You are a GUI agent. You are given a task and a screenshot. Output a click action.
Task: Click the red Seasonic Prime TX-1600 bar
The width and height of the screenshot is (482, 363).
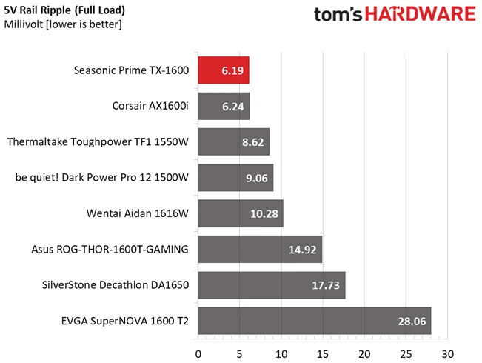click(224, 70)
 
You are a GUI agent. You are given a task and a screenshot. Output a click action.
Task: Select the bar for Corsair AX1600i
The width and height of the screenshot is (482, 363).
click(224, 106)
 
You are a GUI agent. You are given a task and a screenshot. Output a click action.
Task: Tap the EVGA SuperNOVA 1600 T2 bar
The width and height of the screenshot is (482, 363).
click(315, 321)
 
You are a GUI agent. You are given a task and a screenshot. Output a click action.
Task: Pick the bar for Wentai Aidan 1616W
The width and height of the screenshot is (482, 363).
click(241, 213)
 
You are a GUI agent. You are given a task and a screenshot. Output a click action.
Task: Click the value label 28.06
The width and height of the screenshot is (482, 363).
click(412, 322)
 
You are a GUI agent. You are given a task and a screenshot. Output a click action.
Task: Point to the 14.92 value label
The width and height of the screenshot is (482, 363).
click(303, 250)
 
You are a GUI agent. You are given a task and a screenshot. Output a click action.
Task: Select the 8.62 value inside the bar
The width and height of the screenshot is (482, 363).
click(252, 142)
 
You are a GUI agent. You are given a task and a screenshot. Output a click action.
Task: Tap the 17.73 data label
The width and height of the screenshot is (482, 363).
click(326, 285)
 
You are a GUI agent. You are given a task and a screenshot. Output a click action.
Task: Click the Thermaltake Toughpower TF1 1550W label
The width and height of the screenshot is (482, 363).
click(98, 141)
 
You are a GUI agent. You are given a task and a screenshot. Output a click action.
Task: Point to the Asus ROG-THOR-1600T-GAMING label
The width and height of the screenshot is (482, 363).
click(110, 249)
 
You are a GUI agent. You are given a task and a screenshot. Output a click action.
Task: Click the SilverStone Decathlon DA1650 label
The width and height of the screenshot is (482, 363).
click(116, 285)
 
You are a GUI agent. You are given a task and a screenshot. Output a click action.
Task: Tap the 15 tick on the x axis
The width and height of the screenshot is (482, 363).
click(323, 354)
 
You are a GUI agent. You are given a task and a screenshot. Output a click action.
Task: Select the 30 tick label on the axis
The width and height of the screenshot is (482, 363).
click(447, 354)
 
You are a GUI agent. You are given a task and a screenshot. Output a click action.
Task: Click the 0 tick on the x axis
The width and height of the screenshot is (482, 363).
click(198, 354)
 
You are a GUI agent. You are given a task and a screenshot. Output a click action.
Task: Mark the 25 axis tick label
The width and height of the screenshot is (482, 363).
click(406, 354)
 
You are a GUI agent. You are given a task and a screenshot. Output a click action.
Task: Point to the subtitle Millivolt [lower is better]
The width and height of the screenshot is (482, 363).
click(63, 24)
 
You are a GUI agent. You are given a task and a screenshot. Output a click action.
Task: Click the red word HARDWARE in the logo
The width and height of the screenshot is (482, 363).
click(421, 14)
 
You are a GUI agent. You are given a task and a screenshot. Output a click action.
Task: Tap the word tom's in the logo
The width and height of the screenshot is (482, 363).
click(338, 15)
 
